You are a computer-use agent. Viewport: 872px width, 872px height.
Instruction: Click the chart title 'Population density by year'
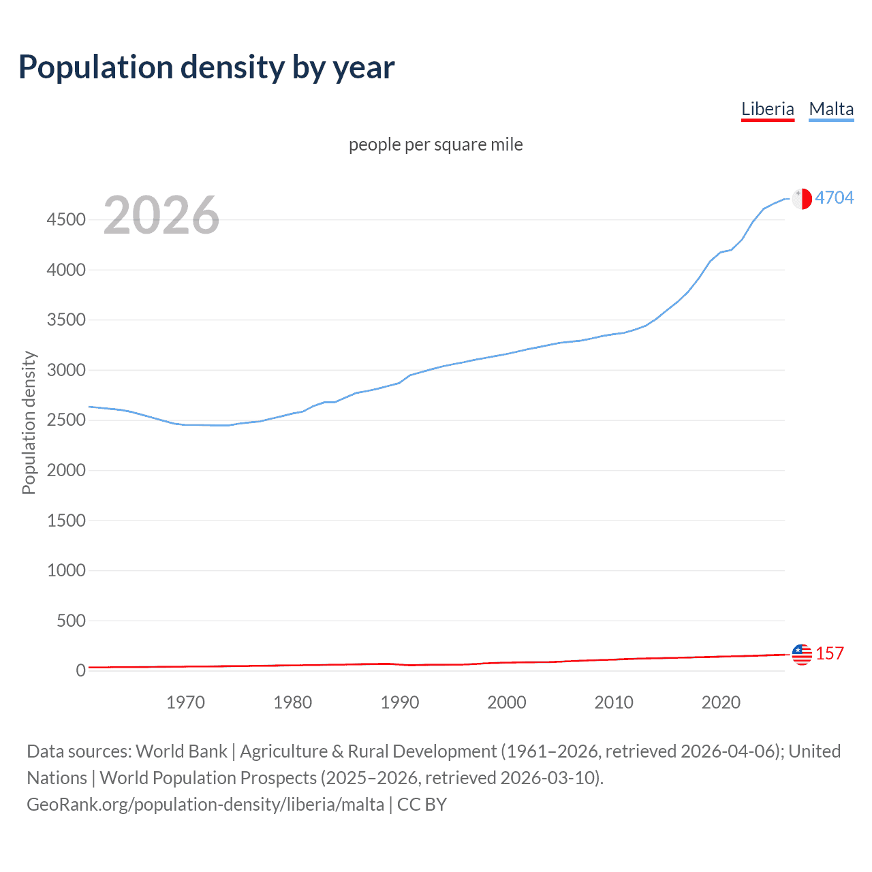pyautogui.click(x=206, y=67)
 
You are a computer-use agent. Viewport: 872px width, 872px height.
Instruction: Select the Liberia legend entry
pyautogui.click(x=767, y=109)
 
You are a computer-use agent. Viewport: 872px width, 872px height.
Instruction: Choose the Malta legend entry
pyautogui.click(x=831, y=109)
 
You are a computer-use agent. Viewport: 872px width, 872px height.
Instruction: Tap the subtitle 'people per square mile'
pyautogui.click(x=436, y=144)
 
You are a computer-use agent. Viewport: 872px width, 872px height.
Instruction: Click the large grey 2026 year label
pyautogui.click(x=161, y=215)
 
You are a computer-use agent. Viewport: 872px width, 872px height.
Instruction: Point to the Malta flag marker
pyautogui.click(x=802, y=198)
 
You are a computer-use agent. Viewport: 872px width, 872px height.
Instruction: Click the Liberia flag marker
pyautogui.click(x=802, y=654)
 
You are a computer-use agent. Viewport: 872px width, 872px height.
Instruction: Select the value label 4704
pyautogui.click(x=834, y=198)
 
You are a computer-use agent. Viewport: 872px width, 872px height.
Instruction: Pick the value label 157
pyautogui.click(x=829, y=653)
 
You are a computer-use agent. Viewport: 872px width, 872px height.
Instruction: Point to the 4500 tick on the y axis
pyautogui.click(x=66, y=220)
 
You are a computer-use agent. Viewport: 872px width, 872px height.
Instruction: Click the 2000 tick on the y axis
pyautogui.click(x=66, y=470)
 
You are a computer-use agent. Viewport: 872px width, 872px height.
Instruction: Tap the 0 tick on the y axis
pyautogui.click(x=81, y=670)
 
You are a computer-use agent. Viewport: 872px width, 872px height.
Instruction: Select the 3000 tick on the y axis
pyautogui.click(x=66, y=370)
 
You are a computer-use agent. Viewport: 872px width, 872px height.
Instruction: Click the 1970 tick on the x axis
pyautogui.click(x=185, y=702)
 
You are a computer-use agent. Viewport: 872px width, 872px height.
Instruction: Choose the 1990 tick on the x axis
pyautogui.click(x=400, y=702)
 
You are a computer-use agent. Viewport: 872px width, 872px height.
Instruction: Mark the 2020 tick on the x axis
pyautogui.click(x=721, y=702)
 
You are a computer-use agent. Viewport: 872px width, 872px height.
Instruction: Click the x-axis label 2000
pyautogui.click(x=507, y=702)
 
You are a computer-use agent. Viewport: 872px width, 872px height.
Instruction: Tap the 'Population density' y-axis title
pyautogui.click(x=29, y=422)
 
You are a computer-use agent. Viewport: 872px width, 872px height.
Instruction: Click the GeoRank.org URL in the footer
pyautogui.click(x=205, y=805)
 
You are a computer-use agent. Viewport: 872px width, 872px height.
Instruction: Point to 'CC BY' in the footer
pyautogui.click(x=422, y=805)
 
